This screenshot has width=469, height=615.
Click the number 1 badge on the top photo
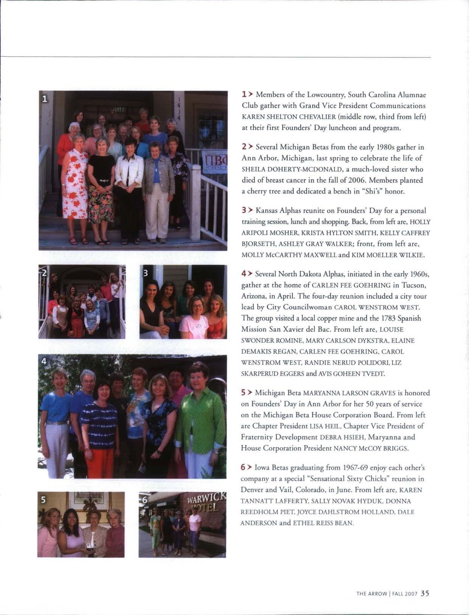coord(45,99)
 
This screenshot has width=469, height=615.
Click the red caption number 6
coord(244,468)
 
